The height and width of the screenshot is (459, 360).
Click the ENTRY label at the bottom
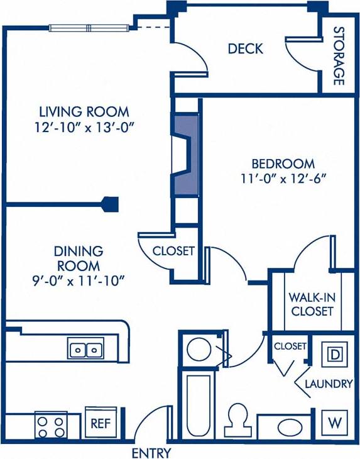point(152,453)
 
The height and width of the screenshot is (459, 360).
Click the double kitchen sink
point(86,348)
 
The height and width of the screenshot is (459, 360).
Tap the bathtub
point(198,402)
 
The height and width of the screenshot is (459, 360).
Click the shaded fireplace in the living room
point(185,154)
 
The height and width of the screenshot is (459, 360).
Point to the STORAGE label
point(339,55)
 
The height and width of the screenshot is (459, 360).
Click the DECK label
point(245,49)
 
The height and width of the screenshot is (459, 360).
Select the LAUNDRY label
point(328,384)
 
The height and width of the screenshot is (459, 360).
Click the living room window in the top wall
point(90,27)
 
